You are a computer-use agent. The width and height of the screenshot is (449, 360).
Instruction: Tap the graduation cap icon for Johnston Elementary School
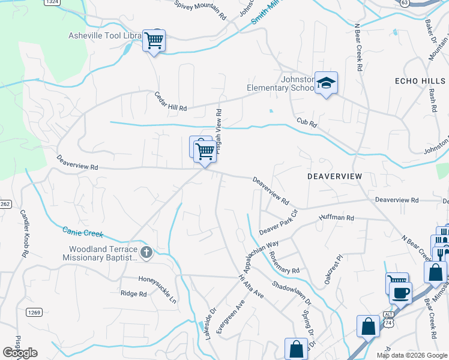click(x=326, y=83)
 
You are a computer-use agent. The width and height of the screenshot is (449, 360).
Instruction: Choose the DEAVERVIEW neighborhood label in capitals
click(x=335, y=176)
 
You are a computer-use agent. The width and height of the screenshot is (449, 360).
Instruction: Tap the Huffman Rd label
click(x=341, y=218)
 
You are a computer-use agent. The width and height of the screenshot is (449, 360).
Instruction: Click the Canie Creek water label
click(x=83, y=232)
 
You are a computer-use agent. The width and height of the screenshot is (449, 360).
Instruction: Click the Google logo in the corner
click(x=20, y=353)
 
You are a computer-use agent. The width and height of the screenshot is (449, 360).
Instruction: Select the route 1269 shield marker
click(x=34, y=312)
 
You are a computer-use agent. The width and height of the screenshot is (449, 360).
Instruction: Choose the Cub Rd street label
click(x=306, y=122)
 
